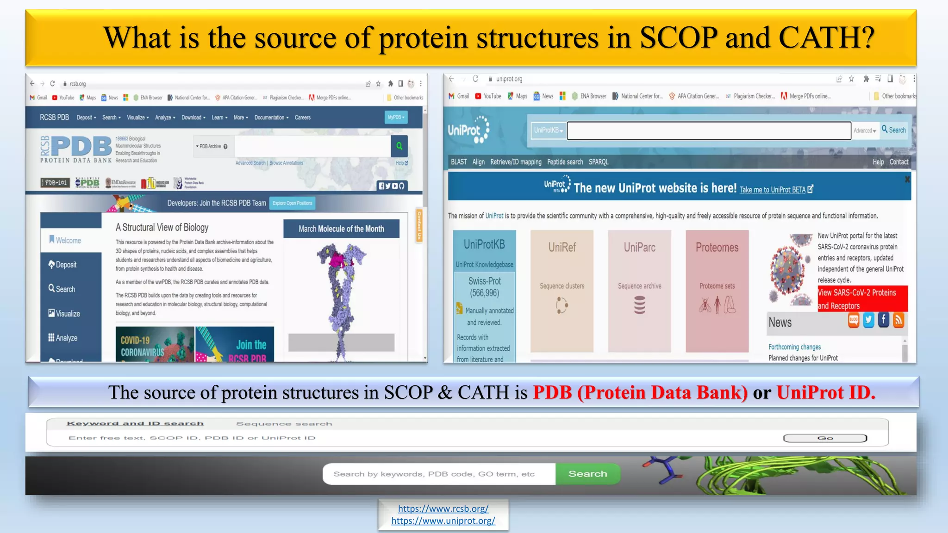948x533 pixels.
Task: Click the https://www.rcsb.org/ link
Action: (443, 508)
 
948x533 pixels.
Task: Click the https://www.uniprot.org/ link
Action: (443, 521)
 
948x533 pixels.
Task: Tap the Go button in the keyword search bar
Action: (825, 438)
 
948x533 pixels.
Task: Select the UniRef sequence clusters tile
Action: (562, 291)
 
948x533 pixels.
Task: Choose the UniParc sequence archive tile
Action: (639, 291)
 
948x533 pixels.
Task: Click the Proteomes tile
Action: (717, 291)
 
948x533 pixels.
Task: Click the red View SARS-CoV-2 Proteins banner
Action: (862, 299)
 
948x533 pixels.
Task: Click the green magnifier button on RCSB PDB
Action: (399, 146)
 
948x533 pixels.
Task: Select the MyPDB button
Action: (396, 118)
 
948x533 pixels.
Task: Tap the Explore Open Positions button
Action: (292, 203)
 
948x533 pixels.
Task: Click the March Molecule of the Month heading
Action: (341, 229)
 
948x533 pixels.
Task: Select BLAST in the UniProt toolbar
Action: (458, 162)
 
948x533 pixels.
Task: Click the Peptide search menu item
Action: (565, 162)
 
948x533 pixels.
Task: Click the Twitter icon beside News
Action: (868, 320)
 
